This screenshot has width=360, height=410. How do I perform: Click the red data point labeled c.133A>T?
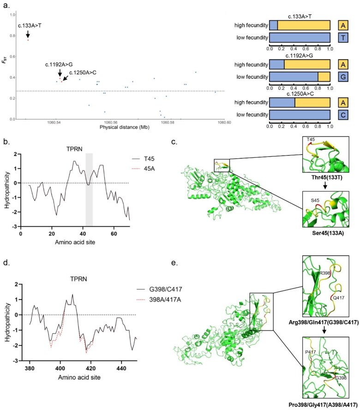28,40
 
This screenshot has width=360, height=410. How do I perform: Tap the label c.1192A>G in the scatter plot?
58,65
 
